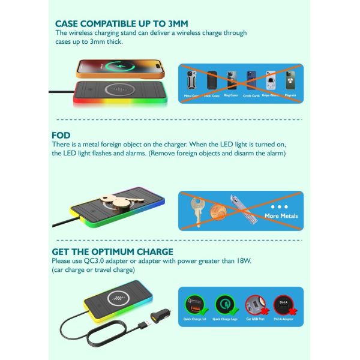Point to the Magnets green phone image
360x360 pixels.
(x=290, y=80)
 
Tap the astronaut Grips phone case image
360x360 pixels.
(x=271, y=80)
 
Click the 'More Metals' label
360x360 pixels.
(x=281, y=215)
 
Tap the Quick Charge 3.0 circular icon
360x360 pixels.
(x=196, y=304)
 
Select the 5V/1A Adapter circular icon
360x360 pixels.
(x=285, y=304)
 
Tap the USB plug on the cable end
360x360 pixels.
(x=141, y=326)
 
